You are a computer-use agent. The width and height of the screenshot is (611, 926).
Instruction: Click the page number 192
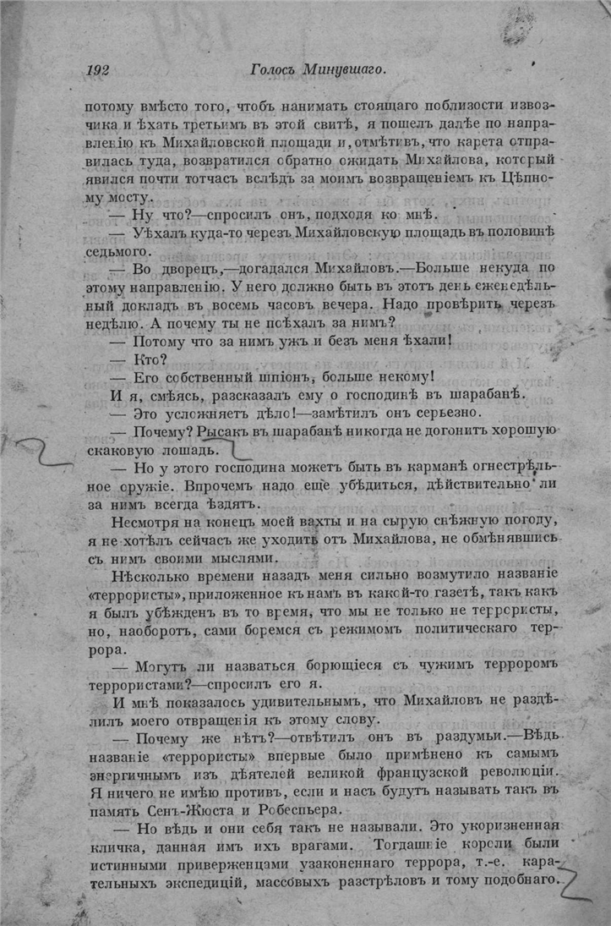point(99,70)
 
